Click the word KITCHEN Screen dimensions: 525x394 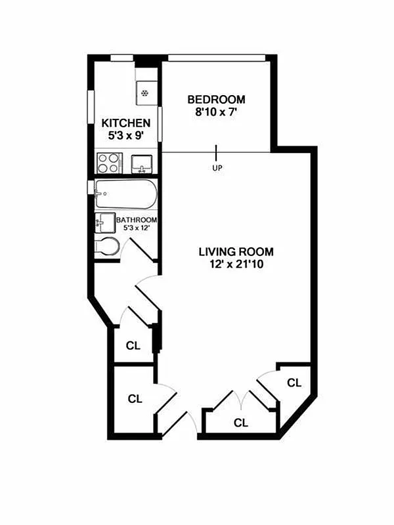127,123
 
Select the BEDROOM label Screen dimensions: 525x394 216,100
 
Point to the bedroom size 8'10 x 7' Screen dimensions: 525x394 216,112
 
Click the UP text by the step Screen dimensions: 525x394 217,168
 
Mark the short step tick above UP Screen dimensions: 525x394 217,152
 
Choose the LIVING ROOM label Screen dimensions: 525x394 236,251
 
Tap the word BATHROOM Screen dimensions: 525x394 137,220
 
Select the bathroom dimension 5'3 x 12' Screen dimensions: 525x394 137,228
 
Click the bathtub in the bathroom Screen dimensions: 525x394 125,194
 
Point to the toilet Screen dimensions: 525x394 107,247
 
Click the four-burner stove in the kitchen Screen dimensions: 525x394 108,162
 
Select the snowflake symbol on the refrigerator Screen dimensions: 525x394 145,93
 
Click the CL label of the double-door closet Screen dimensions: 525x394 241,423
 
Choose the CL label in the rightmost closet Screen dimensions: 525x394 294,383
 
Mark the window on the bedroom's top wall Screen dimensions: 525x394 217,58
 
